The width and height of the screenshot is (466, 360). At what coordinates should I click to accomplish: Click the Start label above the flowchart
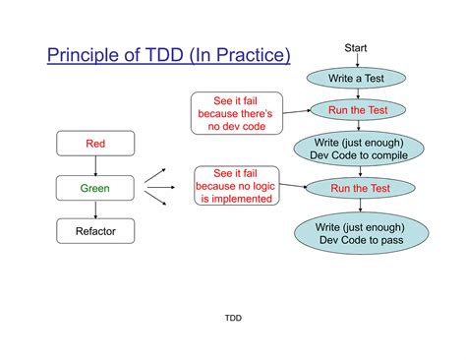(x=357, y=48)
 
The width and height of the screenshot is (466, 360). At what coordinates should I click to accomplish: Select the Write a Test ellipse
(x=358, y=78)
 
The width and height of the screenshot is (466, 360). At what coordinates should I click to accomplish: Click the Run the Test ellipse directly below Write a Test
(x=358, y=110)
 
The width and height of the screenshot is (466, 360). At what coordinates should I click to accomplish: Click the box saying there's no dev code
(x=237, y=113)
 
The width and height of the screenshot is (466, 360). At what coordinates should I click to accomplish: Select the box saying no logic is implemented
(x=237, y=186)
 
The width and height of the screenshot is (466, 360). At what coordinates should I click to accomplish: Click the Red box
(x=95, y=145)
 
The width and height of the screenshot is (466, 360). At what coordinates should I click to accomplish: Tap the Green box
(x=95, y=187)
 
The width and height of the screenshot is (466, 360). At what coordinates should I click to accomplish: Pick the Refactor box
(x=95, y=231)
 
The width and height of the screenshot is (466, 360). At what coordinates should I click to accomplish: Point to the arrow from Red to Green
(x=95, y=165)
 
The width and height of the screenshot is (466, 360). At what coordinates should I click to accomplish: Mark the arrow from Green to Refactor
(x=95, y=209)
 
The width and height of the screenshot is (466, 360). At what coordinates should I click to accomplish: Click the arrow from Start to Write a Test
(x=358, y=61)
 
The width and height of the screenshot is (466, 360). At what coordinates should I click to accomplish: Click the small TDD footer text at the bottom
(x=233, y=318)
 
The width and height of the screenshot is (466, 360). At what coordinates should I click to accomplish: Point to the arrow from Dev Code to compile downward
(x=359, y=171)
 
